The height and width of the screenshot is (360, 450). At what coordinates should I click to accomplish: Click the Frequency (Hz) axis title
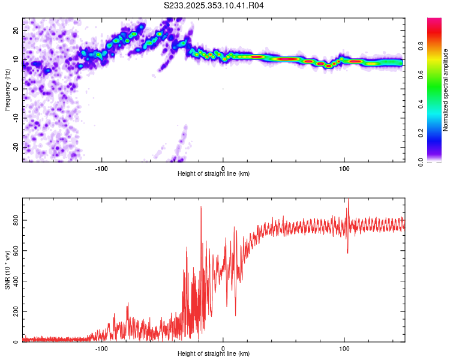(x=8, y=89)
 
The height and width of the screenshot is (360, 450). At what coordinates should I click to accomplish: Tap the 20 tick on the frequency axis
(x=16, y=30)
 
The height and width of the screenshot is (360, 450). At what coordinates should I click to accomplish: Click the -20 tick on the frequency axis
(x=15, y=147)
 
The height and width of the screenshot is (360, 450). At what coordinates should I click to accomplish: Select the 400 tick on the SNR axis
(x=14, y=281)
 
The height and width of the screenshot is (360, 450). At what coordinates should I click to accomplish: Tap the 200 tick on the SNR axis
(x=14, y=312)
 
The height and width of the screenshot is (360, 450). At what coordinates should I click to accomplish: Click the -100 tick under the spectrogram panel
(x=101, y=167)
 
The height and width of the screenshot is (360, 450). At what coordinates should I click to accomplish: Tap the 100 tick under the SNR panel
(x=344, y=347)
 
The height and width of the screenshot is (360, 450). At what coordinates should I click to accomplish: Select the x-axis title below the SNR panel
(x=214, y=354)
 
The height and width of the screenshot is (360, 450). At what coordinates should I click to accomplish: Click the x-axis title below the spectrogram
(x=214, y=173)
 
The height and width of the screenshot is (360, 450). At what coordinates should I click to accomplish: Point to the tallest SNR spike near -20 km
(x=200, y=207)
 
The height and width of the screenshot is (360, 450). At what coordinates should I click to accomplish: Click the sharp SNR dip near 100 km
(x=347, y=253)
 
